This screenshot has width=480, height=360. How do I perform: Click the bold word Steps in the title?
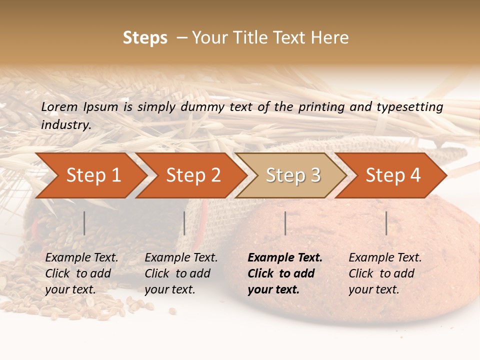145,38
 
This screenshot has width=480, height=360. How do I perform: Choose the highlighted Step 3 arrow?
293,175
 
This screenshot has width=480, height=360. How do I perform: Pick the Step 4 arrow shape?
393,175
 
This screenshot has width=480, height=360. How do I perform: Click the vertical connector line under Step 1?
84,223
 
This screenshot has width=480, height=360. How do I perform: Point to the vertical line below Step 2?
184,223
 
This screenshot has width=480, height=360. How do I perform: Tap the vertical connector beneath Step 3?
285,223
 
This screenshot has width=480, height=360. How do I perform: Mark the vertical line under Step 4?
386,223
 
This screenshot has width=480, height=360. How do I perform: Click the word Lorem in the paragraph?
59,106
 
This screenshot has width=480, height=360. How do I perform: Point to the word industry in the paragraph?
66,124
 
